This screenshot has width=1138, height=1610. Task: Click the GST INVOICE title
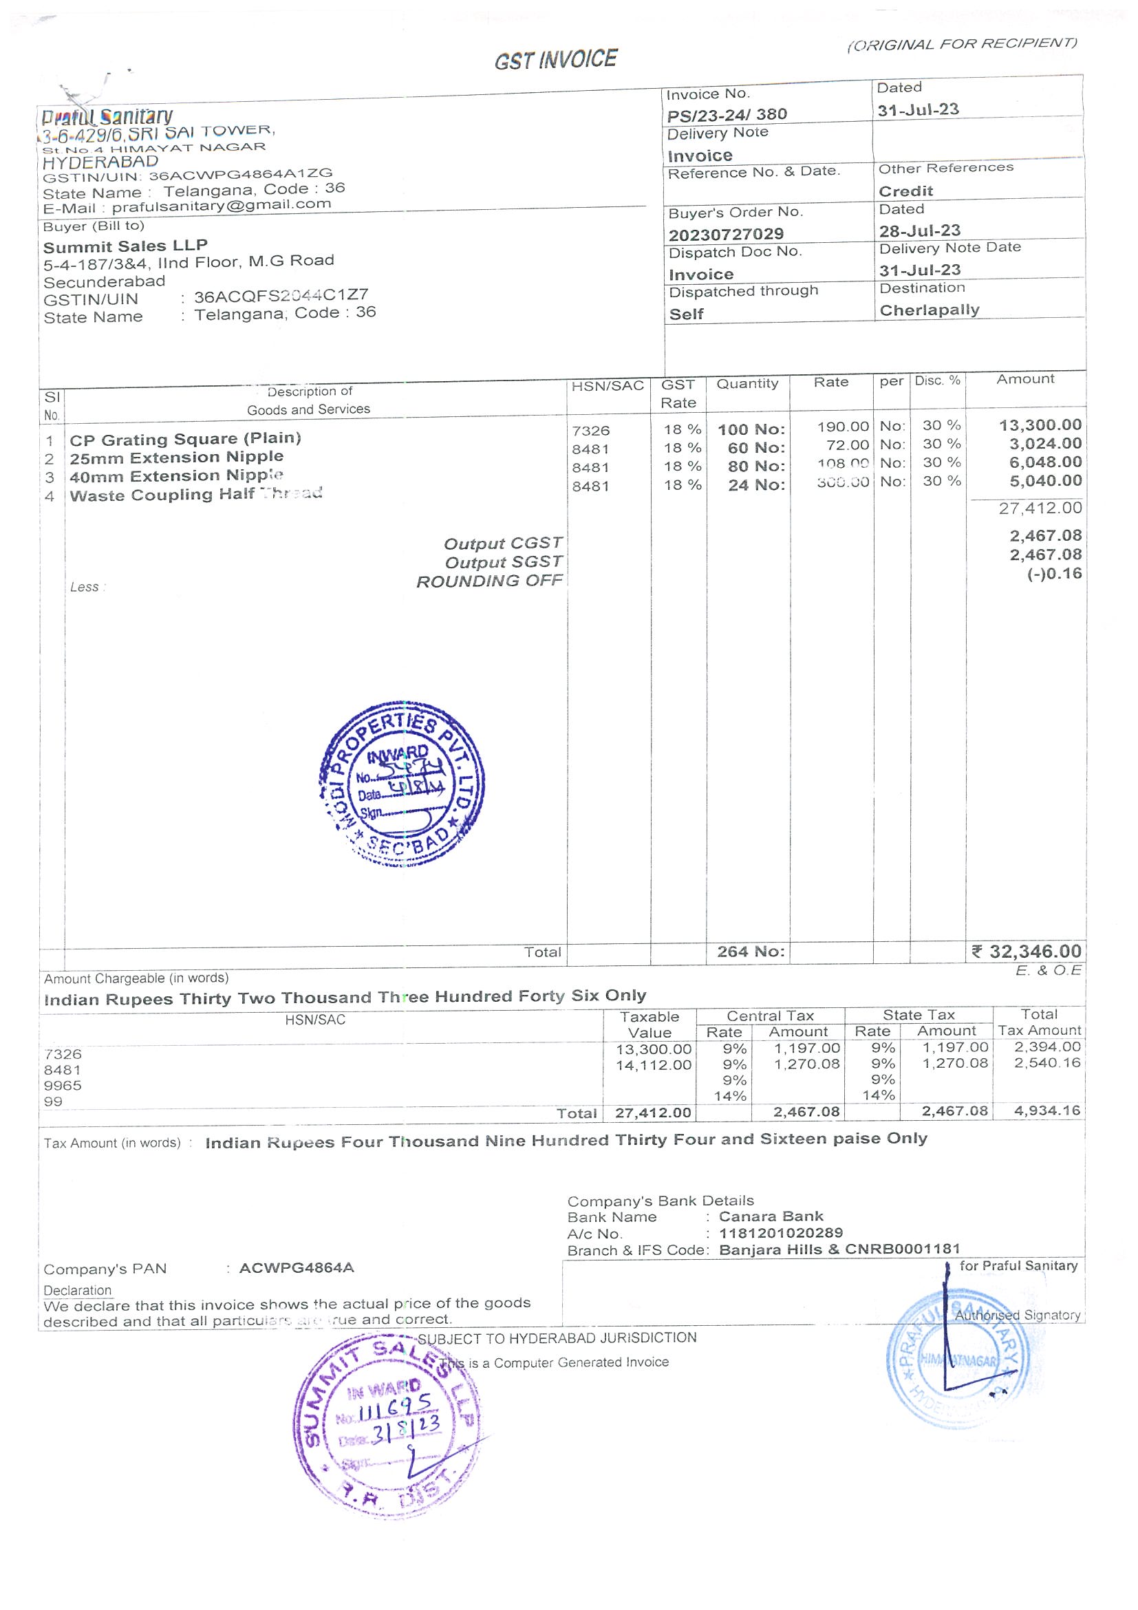pyautogui.click(x=555, y=60)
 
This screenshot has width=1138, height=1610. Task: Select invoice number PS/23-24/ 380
pyautogui.click(x=727, y=114)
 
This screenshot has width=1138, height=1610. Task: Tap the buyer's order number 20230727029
pyautogui.click(x=726, y=234)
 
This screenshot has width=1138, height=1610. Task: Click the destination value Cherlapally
pyautogui.click(x=929, y=310)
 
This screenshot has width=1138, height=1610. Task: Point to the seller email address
pyautogui.click(x=221, y=206)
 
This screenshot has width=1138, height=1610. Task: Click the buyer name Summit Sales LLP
pyautogui.click(x=125, y=246)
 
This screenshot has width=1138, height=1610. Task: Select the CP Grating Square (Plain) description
pyautogui.click(x=185, y=439)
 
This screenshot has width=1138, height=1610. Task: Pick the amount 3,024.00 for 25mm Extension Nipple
pyautogui.click(x=1044, y=444)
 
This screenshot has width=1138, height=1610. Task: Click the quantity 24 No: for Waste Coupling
pyautogui.click(x=756, y=485)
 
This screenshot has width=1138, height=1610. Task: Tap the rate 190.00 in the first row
pyautogui.click(x=843, y=427)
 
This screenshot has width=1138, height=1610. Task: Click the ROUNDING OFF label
pyautogui.click(x=489, y=581)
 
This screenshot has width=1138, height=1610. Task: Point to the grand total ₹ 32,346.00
pyautogui.click(x=1027, y=952)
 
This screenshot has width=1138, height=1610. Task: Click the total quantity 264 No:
pyautogui.click(x=750, y=952)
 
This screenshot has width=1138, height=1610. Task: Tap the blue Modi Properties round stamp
pyautogui.click(x=402, y=784)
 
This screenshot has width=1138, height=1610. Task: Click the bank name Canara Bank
pyautogui.click(x=771, y=1216)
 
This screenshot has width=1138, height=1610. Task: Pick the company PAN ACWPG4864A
pyautogui.click(x=296, y=1268)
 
